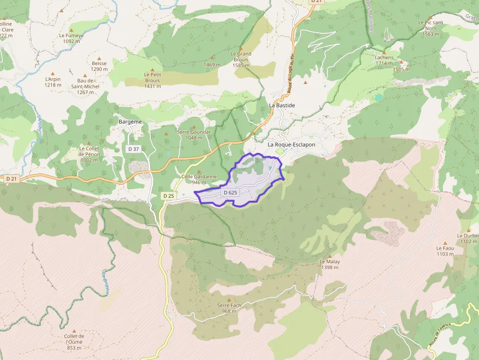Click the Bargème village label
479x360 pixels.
[130, 122]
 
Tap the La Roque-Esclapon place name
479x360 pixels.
[291, 145]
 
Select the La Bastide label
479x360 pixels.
[282, 106]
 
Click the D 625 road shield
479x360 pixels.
[230, 192]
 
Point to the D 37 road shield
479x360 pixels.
[133, 149]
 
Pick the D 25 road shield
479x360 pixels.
[169, 196]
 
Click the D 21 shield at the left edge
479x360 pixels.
[11, 179]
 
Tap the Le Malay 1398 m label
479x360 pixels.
[329, 264]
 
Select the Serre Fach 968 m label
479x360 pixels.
[229, 308]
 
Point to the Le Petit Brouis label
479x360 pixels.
[152, 80]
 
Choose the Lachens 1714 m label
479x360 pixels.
[384, 60]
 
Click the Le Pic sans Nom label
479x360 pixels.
[431, 28]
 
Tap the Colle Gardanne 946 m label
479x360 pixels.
[198, 179]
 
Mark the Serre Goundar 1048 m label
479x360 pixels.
[194, 135]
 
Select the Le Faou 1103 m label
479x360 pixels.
[445, 251]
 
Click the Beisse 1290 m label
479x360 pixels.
[99, 66]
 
